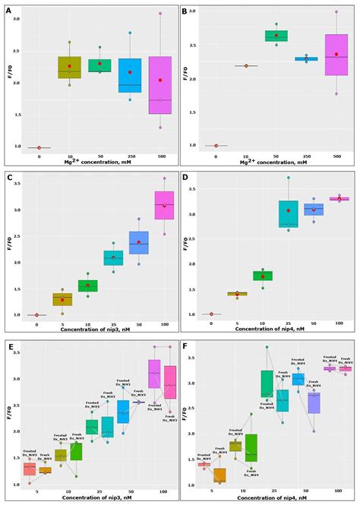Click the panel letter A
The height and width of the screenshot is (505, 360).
pyautogui.click(x=9, y=12)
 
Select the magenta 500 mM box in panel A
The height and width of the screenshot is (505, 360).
pyautogui.click(x=159, y=84)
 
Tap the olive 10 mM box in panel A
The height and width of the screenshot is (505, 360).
pyautogui.click(x=69, y=68)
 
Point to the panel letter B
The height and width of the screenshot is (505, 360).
pyautogui.click(x=185, y=12)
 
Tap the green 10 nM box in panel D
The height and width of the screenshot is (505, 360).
pyautogui.click(x=262, y=276)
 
